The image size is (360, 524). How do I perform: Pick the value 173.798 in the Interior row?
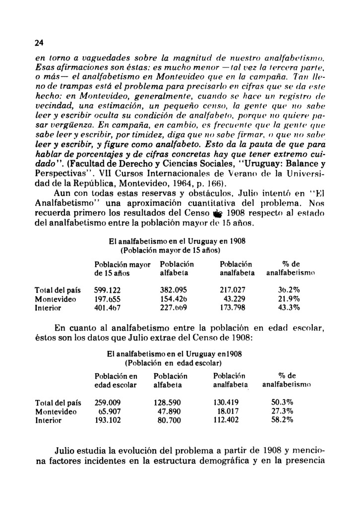click(234, 308)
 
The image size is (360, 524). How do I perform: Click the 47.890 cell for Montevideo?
click(167, 411)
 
